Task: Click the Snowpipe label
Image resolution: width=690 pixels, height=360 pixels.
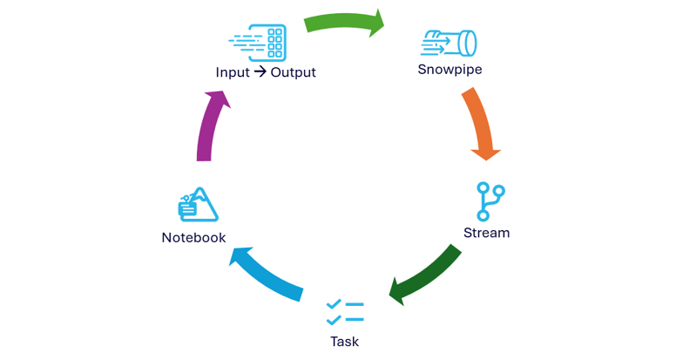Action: click(449, 70)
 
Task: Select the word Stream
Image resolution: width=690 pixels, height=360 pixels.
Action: click(486, 234)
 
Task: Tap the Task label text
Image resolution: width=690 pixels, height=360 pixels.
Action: click(344, 342)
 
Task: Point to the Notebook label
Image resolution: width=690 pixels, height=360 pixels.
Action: click(193, 237)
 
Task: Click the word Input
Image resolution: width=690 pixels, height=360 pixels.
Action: click(233, 72)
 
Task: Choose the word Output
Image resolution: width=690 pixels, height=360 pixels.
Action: click(293, 72)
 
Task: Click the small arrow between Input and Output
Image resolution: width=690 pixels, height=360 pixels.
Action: click(260, 72)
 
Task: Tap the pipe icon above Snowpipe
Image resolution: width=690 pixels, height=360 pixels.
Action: click(449, 41)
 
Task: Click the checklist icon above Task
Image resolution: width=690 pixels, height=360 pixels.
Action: click(344, 312)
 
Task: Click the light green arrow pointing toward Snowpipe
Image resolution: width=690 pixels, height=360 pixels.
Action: click(342, 21)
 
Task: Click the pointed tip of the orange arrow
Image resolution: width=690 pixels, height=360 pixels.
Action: click(486, 162)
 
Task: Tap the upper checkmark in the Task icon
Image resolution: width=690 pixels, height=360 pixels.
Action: click(333, 304)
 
